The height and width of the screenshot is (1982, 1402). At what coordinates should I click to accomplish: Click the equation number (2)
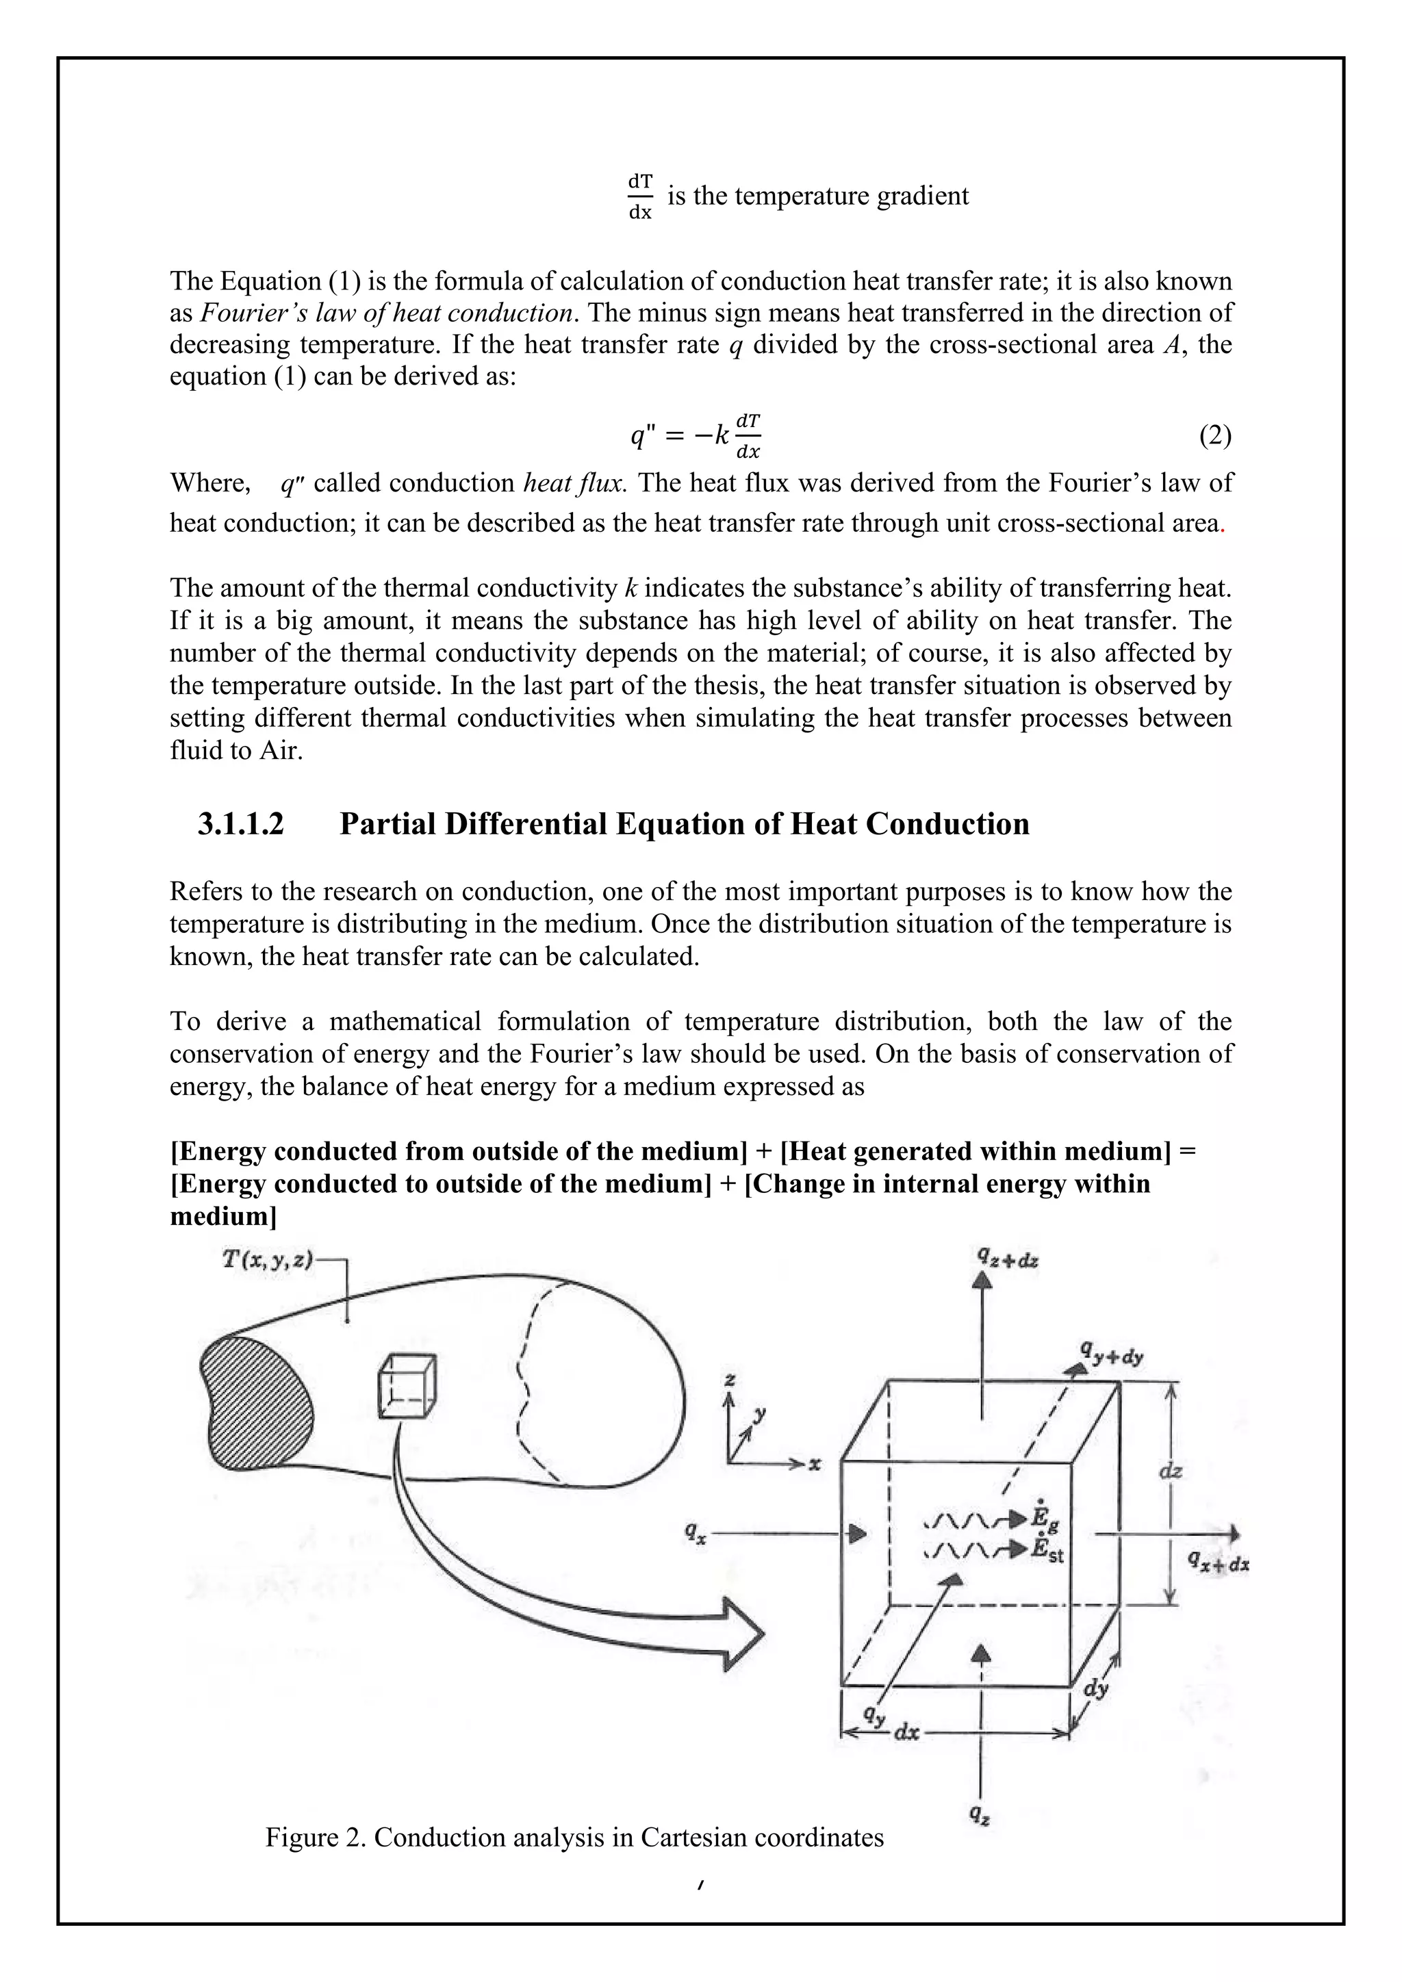point(1214,437)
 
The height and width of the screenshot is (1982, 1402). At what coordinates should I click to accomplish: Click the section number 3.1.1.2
point(240,825)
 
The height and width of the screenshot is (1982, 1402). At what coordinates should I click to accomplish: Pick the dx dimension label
point(906,1732)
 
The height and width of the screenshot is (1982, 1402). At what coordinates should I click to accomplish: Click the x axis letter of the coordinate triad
point(814,1464)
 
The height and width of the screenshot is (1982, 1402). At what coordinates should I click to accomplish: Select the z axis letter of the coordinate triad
point(730,1380)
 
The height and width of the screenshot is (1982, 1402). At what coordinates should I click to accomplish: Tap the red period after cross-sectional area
point(1223,525)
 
